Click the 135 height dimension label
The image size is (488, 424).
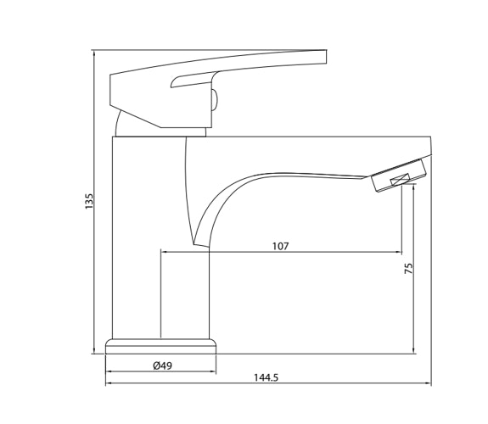tap(89, 201)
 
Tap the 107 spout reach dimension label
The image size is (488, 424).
tap(281, 247)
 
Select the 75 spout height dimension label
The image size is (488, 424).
tap(408, 268)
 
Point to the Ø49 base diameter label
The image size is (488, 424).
tap(162, 365)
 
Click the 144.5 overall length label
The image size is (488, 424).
tap(266, 377)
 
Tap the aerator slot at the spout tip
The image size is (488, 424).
tap(400, 180)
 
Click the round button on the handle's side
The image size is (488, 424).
tap(215, 100)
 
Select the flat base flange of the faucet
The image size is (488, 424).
tap(160, 347)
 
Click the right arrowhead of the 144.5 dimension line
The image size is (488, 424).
tap(429, 383)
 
